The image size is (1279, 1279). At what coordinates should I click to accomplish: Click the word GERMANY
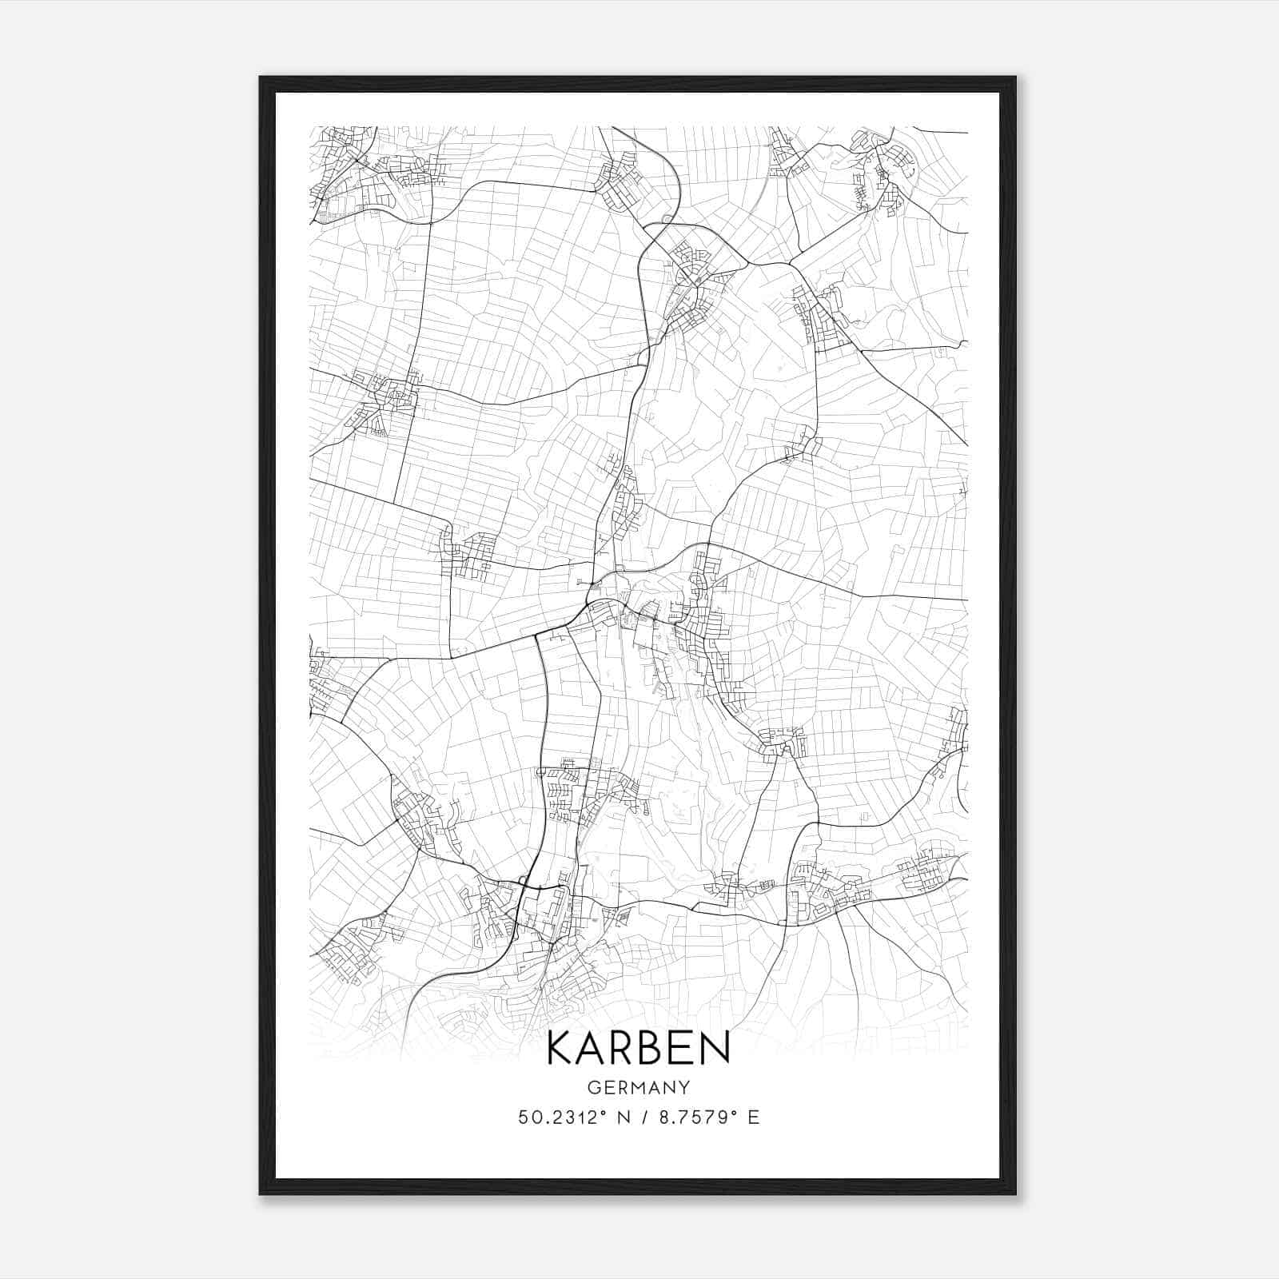639,1087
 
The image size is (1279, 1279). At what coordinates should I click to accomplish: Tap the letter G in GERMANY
594,1087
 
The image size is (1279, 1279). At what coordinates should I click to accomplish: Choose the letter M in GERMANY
639,1087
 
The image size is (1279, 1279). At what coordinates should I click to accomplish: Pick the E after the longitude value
753,1118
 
